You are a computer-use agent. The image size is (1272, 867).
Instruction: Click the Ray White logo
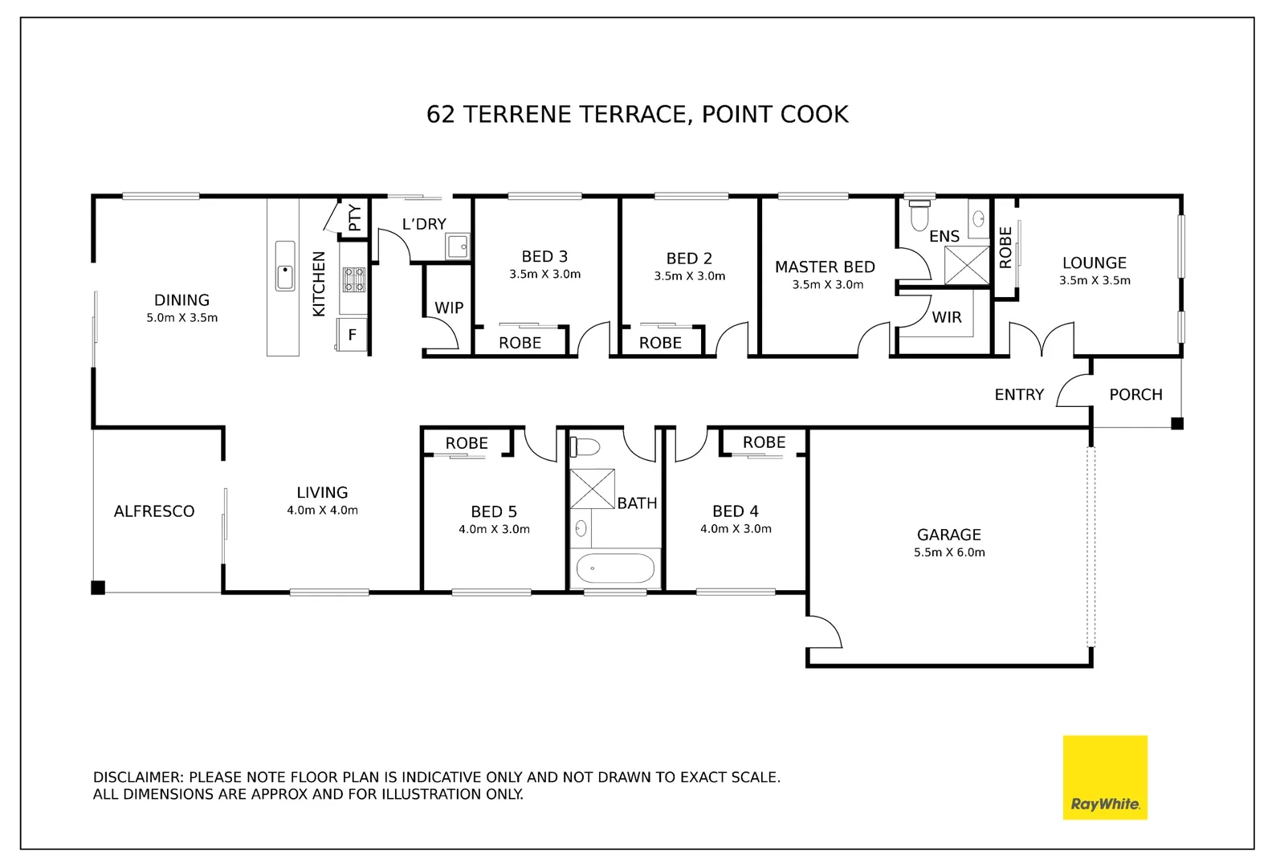(1105, 777)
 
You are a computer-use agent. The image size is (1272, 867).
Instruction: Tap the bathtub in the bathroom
(616, 568)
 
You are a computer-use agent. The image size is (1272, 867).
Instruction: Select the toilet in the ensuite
(920, 214)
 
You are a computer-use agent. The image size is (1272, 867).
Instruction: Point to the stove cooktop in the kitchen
(354, 279)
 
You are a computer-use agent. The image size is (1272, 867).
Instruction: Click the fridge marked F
(352, 335)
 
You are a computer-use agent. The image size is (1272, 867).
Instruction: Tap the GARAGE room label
(949, 535)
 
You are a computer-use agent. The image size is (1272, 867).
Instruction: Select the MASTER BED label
(825, 267)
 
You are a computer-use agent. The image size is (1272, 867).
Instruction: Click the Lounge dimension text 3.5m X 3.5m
(1095, 280)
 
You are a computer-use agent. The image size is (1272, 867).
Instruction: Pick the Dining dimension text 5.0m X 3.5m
(181, 318)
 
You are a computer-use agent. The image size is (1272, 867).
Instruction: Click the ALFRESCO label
(154, 511)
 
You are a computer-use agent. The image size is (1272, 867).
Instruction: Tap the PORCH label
(1135, 395)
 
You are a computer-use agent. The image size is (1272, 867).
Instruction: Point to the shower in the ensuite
(967, 265)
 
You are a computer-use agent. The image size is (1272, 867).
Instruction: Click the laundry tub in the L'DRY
(457, 246)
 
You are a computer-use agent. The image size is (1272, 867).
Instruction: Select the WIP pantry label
(449, 307)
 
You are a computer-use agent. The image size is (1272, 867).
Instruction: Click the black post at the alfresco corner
(98, 588)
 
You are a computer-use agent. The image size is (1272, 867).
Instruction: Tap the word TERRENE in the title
(517, 114)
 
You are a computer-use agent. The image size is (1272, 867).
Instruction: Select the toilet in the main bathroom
(585, 447)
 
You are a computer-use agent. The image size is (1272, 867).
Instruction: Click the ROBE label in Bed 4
(764, 442)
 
